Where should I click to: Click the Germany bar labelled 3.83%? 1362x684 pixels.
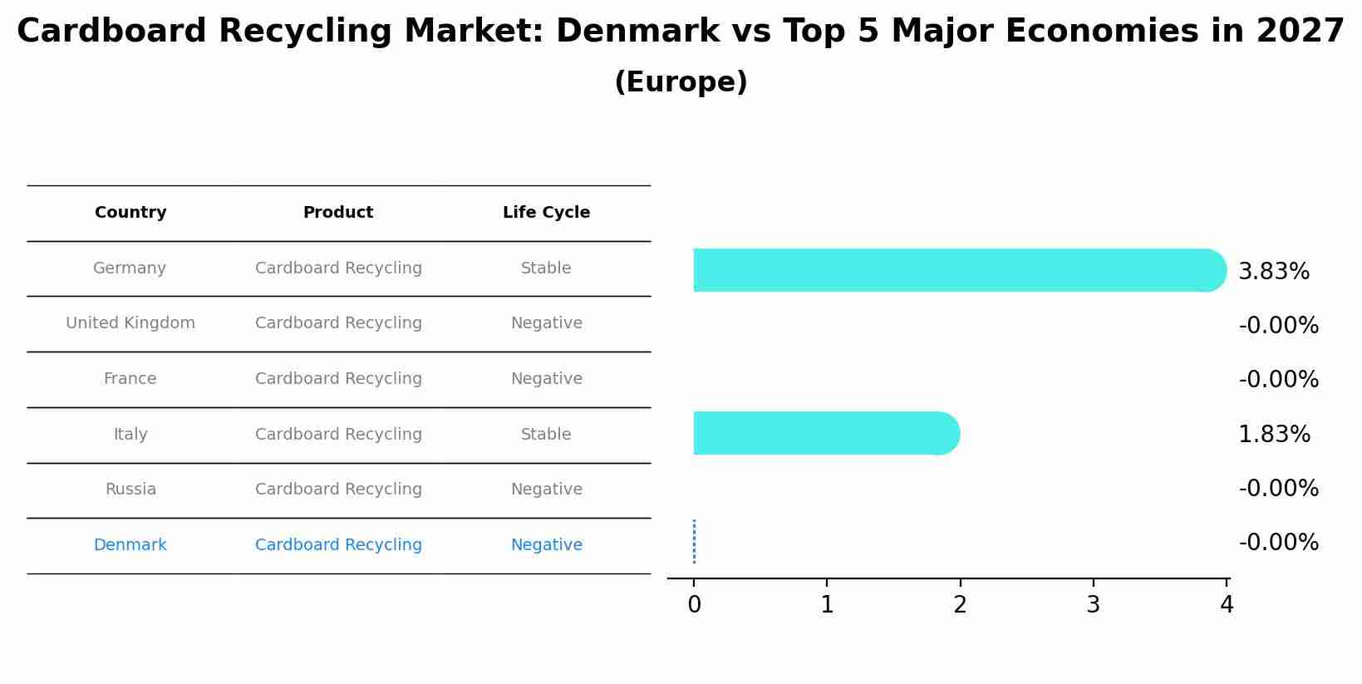click(x=956, y=270)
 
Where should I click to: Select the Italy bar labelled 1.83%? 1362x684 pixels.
click(x=823, y=433)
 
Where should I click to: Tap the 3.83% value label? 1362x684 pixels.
click(x=1273, y=272)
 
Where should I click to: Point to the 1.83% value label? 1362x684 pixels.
click(x=1273, y=435)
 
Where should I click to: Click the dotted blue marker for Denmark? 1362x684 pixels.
click(x=694, y=542)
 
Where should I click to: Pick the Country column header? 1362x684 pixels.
click(x=130, y=213)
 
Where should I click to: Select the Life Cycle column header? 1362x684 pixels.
click(x=546, y=213)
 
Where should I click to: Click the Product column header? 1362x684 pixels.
click(x=337, y=213)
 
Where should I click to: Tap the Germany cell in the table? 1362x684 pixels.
click(x=130, y=268)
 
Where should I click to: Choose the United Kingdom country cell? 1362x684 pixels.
click(x=130, y=323)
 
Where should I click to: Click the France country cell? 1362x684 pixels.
click(x=130, y=379)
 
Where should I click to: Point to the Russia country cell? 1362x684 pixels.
click(x=130, y=490)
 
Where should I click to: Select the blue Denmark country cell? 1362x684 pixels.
click(x=130, y=545)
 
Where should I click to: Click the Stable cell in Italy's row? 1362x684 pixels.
click(x=546, y=435)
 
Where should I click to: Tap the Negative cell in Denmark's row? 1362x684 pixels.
click(x=546, y=545)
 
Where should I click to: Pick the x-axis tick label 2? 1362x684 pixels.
click(x=960, y=606)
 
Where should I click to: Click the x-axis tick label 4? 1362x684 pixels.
click(x=1227, y=606)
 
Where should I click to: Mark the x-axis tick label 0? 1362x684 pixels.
click(x=694, y=606)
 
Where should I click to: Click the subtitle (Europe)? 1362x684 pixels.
click(x=681, y=82)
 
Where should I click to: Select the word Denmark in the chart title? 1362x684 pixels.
click(x=637, y=32)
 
